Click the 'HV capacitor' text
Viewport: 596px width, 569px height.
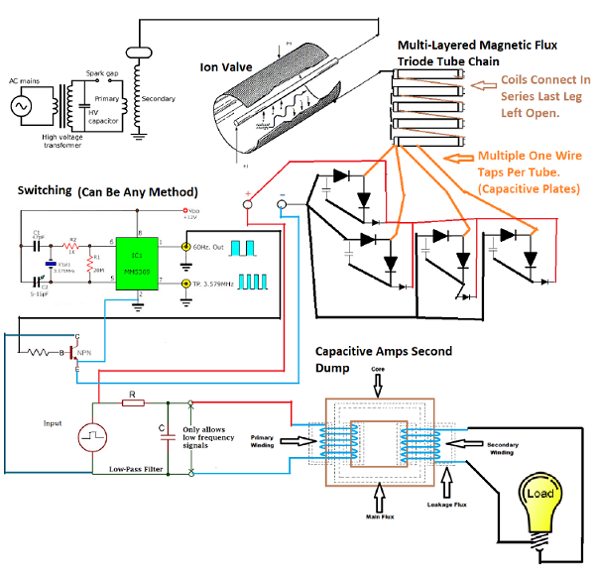(100, 117)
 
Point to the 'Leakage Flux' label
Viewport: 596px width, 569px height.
(447, 506)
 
